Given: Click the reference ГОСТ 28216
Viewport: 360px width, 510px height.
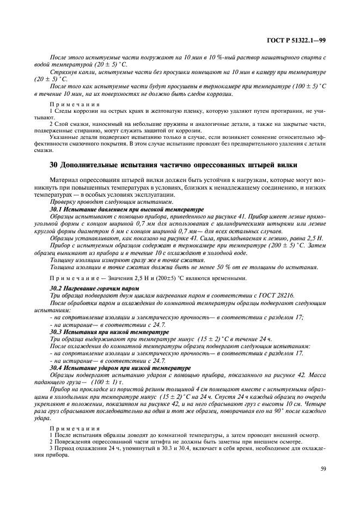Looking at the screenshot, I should pos(277,295).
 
